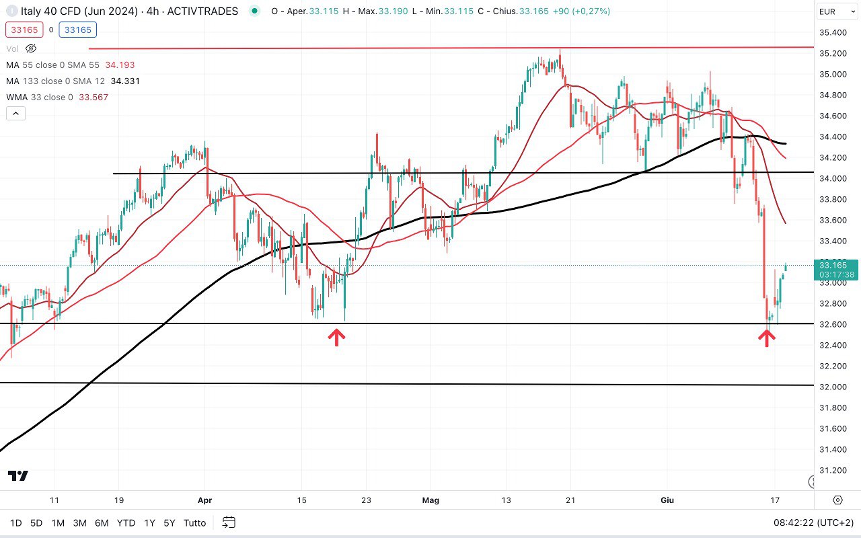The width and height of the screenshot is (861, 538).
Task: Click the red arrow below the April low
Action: (336, 337)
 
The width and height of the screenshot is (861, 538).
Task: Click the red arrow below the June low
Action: (766, 337)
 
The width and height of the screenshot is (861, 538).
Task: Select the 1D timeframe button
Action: (15, 523)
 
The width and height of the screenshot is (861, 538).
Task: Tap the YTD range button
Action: (126, 523)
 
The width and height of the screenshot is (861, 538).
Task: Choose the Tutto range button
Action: (195, 523)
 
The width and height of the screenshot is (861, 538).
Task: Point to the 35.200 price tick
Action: (832, 53)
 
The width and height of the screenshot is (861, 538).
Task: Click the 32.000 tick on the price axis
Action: (832, 387)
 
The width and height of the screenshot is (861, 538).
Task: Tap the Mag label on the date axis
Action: (430, 500)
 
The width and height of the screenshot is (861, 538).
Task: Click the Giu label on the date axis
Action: (667, 500)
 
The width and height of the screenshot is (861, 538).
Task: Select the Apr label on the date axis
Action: (205, 500)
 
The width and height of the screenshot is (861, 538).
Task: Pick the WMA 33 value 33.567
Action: (93, 97)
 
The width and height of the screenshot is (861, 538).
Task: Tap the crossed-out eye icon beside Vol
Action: (31, 48)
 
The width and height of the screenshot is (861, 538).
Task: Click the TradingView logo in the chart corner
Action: (18, 475)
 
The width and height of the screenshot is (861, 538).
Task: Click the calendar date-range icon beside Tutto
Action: (229, 523)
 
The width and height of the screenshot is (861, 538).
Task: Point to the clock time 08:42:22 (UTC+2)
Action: (815, 523)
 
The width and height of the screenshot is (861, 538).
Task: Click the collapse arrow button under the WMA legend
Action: (15, 114)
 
